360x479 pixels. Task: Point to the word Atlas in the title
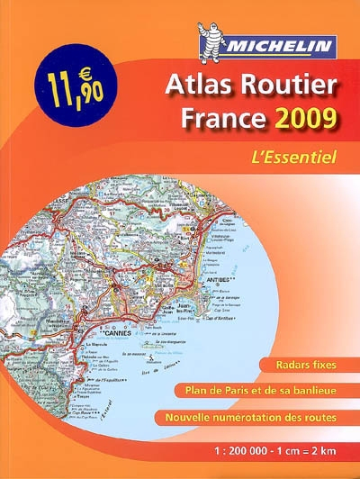point(196,86)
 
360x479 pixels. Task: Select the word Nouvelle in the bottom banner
point(191,417)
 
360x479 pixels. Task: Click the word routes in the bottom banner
point(319,417)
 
